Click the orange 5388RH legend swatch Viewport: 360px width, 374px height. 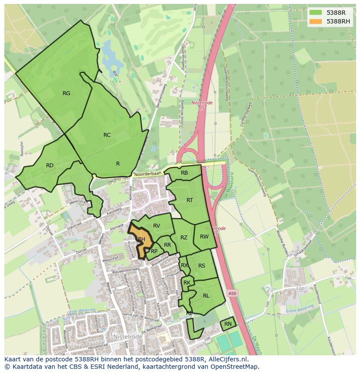click(x=316, y=21)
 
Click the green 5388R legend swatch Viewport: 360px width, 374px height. click(x=316, y=13)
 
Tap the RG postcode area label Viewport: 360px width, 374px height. click(x=66, y=93)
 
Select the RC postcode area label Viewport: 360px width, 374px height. click(x=107, y=135)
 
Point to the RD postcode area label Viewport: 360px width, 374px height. click(x=50, y=165)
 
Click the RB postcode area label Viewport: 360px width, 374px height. click(x=184, y=173)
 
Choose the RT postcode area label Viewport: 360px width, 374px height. click(x=190, y=200)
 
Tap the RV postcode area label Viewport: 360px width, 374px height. click(x=157, y=225)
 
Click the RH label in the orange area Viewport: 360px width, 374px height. click(x=141, y=239)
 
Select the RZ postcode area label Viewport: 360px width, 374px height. click(x=184, y=237)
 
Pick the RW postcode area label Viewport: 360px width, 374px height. click(x=204, y=237)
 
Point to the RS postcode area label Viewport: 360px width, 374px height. click(x=202, y=265)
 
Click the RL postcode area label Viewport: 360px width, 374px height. click(x=206, y=295)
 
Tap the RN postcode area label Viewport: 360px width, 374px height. click(x=228, y=324)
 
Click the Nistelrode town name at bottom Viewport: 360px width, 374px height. click(x=128, y=336)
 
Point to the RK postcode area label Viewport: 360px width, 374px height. click(x=187, y=283)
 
